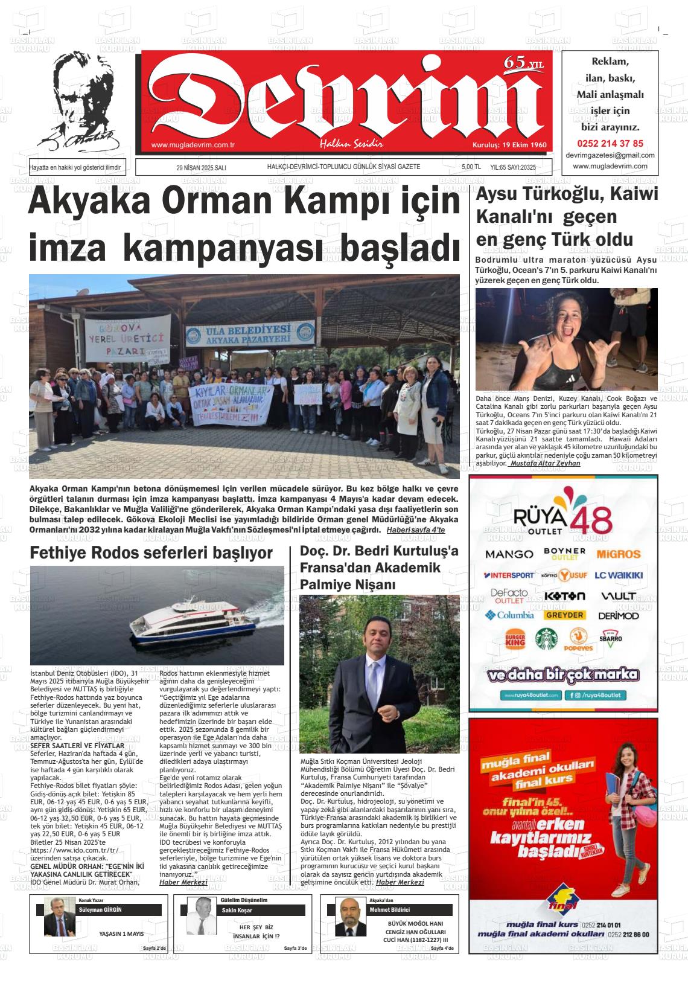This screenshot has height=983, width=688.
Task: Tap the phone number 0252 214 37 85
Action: (x=610, y=144)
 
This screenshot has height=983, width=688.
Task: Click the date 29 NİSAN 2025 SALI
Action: (x=201, y=168)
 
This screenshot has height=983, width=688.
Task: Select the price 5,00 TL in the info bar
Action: (x=471, y=168)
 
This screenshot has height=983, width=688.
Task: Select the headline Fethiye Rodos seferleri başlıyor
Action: (x=151, y=552)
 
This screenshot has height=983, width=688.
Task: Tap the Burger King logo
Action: (x=515, y=639)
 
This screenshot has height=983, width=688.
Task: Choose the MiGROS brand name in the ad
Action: (x=618, y=554)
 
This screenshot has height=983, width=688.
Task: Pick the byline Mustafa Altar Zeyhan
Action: (x=544, y=463)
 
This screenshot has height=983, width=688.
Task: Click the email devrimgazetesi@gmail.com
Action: (x=610, y=155)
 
